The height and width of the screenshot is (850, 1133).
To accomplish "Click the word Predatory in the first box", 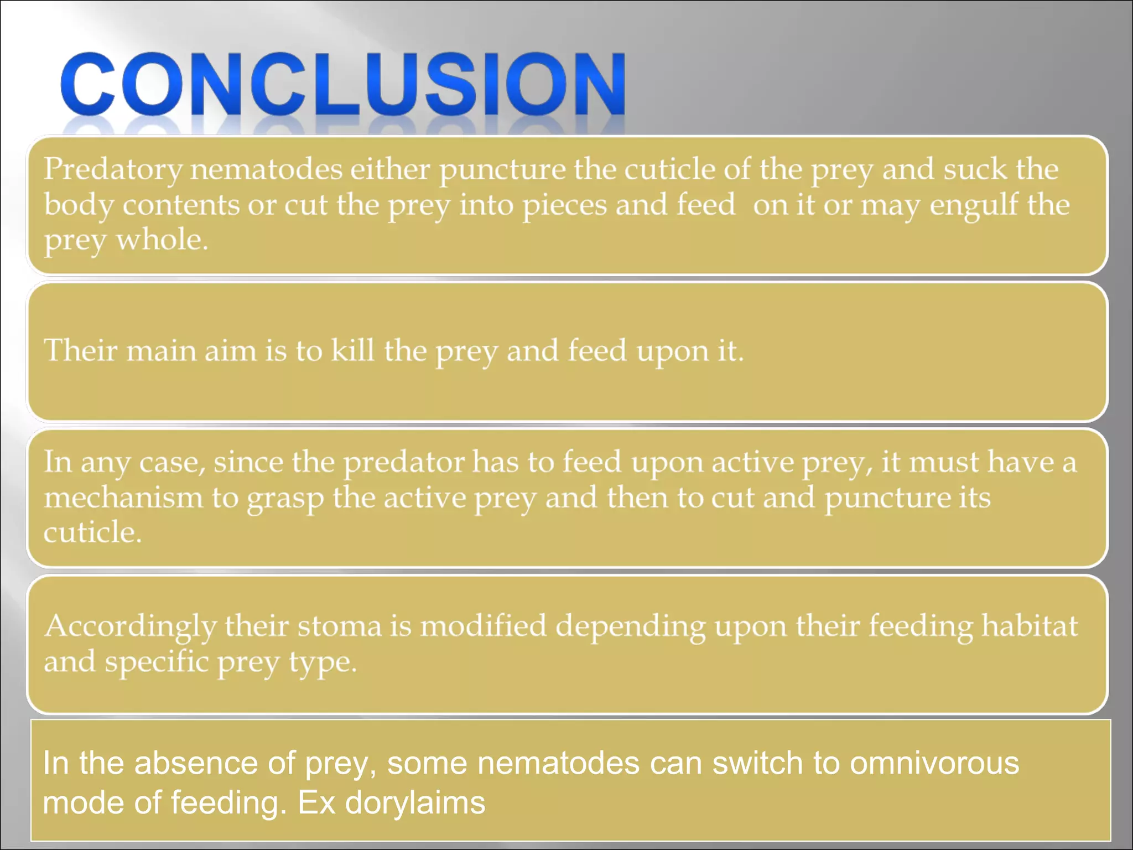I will pos(113,169).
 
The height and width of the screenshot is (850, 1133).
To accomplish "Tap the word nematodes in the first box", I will pos(266,169).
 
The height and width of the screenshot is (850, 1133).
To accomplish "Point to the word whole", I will pos(162,240).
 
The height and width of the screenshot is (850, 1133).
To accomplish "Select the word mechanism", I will pos(123,497).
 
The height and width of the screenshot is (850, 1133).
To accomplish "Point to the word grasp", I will pos(285,499).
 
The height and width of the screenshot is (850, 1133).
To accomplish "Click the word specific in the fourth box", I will pos(157,662).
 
